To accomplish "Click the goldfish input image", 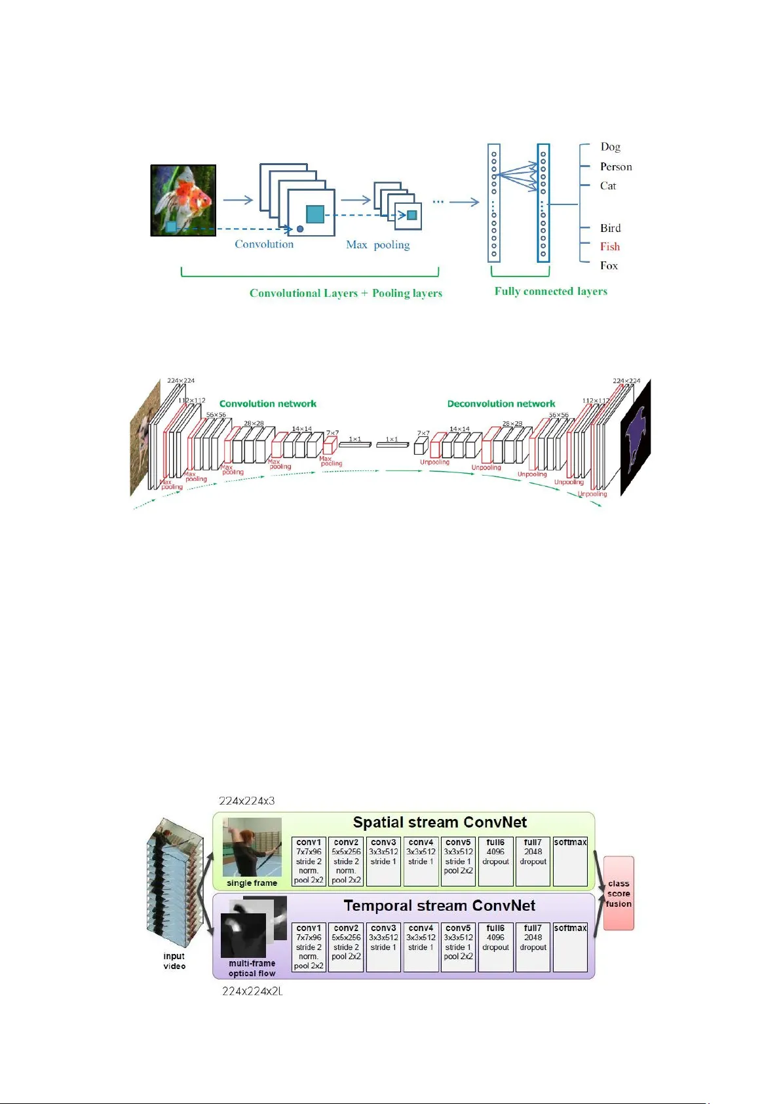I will click(x=183, y=200).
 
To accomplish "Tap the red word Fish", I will click(x=609, y=247).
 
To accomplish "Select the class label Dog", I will click(x=610, y=147).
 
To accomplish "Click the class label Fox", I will click(x=609, y=265).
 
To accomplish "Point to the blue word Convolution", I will click(x=264, y=244).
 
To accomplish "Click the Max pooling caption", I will click(x=377, y=245).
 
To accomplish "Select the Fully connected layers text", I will click(x=550, y=292).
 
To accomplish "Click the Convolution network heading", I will click(x=267, y=404).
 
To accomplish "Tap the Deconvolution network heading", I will click(x=501, y=404).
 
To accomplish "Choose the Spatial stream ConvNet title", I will click(x=440, y=823).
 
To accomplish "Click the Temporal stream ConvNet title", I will click(x=439, y=906).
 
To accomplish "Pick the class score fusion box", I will click(x=619, y=893).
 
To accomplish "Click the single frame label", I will click(x=252, y=883).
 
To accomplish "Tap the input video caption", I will click(x=174, y=961).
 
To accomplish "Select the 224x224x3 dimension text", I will click(x=246, y=801).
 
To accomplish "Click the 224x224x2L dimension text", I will click(x=252, y=991).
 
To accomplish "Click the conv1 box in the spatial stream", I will click(x=309, y=862).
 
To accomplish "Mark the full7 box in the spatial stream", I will click(x=533, y=862).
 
